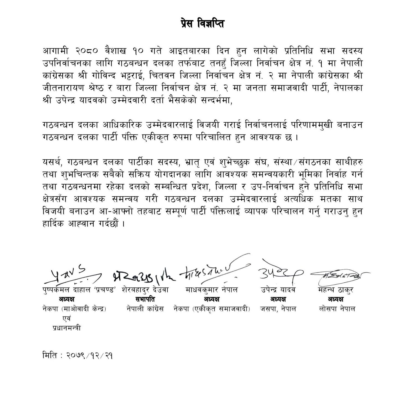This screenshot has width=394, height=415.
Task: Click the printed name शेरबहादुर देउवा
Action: [x=145, y=290]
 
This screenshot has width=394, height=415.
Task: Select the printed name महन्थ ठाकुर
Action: [x=336, y=290]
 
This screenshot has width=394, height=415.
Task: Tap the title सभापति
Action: [x=145, y=299]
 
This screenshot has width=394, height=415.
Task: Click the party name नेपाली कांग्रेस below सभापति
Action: [x=145, y=309]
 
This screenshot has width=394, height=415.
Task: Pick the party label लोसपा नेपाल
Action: [x=337, y=309]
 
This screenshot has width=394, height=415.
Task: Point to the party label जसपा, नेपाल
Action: [x=278, y=309]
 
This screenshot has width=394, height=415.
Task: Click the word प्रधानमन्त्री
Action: [x=66, y=328]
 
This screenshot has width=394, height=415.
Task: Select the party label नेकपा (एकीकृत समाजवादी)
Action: [x=212, y=309]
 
